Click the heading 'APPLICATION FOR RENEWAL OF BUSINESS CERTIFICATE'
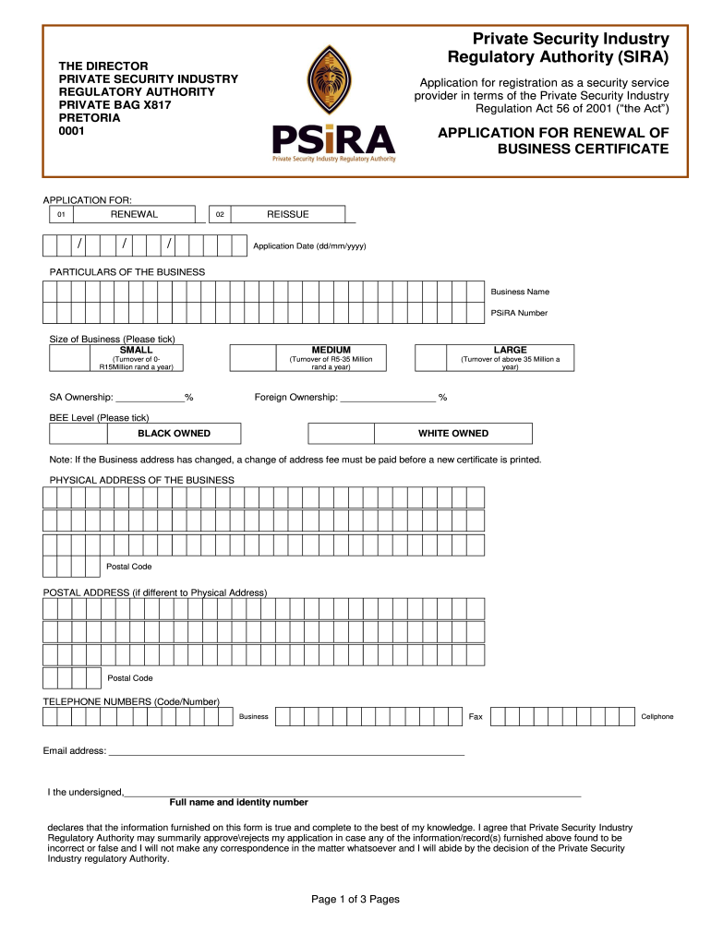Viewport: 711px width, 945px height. click(x=553, y=140)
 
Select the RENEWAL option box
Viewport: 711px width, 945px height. click(x=134, y=214)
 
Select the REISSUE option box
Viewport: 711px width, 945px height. click(x=287, y=214)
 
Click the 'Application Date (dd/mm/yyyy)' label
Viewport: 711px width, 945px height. click(x=309, y=246)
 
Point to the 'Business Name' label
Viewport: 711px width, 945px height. click(x=520, y=292)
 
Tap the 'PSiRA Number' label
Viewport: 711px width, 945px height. click(x=519, y=313)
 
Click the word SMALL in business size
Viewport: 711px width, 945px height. click(x=137, y=350)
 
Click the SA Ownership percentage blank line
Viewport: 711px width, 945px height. click(x=150, y=399)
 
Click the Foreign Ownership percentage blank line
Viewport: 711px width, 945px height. click(x=388, y=399)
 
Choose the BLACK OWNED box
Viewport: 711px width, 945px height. click(x=174, y=434)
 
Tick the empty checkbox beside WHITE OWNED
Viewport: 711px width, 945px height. click(x=341, y=434)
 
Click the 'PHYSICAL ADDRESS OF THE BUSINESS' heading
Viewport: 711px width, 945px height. click(x=141, y=480)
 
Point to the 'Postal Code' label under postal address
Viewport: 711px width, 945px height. click(x=129, y=678)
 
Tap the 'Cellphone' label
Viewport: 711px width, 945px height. click(x=657, y=717)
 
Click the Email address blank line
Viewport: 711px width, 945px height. click(x=286, y=752)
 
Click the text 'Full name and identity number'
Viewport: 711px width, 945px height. click(x=238, y=802)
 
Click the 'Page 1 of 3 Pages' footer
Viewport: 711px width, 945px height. click(x=355, y=899)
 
